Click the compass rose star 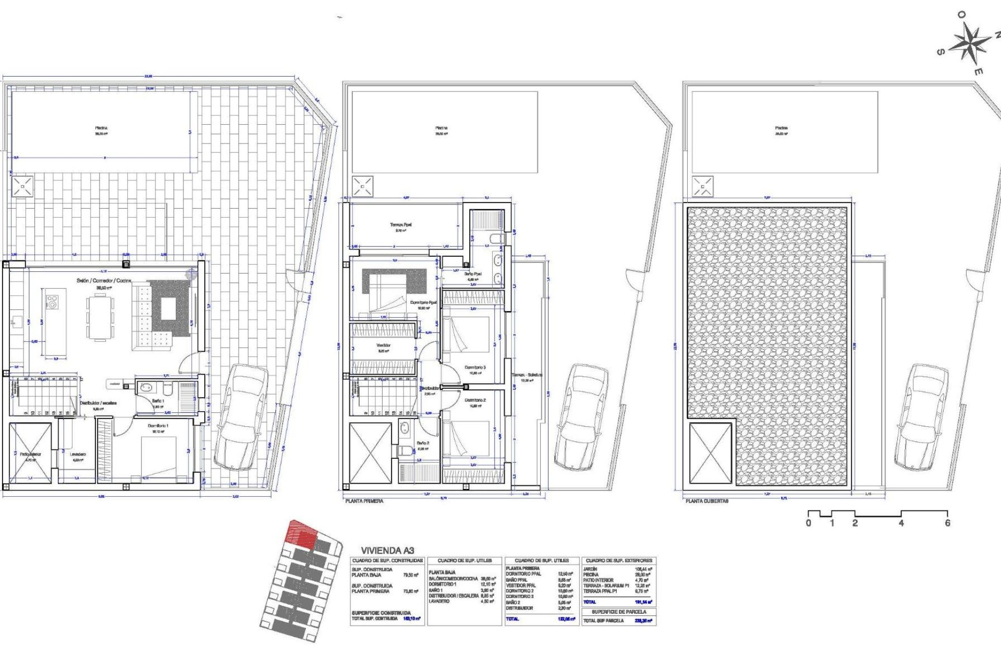pyautogui.click(x=970, y=43)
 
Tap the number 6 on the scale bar pyautogui.click(x=947, y=523)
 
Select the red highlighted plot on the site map pyautogui.click(x=302, y=534)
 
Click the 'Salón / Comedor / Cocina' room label pyautogui.click(x=104, y=281)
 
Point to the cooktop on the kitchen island pyautogui.click(x=52, y=301)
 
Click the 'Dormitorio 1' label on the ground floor pyautogui.click(x=158, y=426)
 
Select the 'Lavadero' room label pyautogui.click(x=78, y=455)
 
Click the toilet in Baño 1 pyautogui.click(x=167, y=389)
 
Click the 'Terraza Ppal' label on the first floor pyautogui.click(x=400, y=225)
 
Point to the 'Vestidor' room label pyautogui.click(x=383, y=345)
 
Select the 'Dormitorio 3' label pyautogui.click(x=475, y=367)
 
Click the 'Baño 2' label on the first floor pyautogui.click(x=423, y=443)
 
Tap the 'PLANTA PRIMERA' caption pyautogui.click(x=364, y=501)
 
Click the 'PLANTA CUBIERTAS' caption pyautogui.click(x=707, y=501)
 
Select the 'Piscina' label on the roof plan pyautogui.click(x=781, y=128)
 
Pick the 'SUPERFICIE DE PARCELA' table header pyautogui.click(x=619, y=612)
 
